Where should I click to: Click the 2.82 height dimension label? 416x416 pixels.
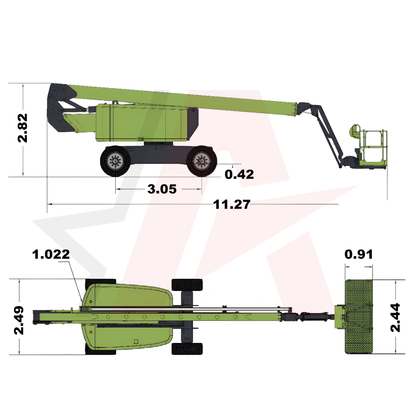22,128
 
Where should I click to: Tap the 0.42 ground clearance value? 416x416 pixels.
239,175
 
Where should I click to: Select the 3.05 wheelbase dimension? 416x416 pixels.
162,189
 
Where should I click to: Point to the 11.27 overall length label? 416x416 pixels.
231,204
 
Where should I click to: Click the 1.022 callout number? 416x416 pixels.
51,254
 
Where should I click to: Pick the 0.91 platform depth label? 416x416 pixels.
359,254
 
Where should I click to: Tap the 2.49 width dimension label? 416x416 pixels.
19,320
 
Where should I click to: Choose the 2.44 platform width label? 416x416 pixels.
395,317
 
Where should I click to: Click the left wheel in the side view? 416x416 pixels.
116,161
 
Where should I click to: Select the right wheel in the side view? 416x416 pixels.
202,161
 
